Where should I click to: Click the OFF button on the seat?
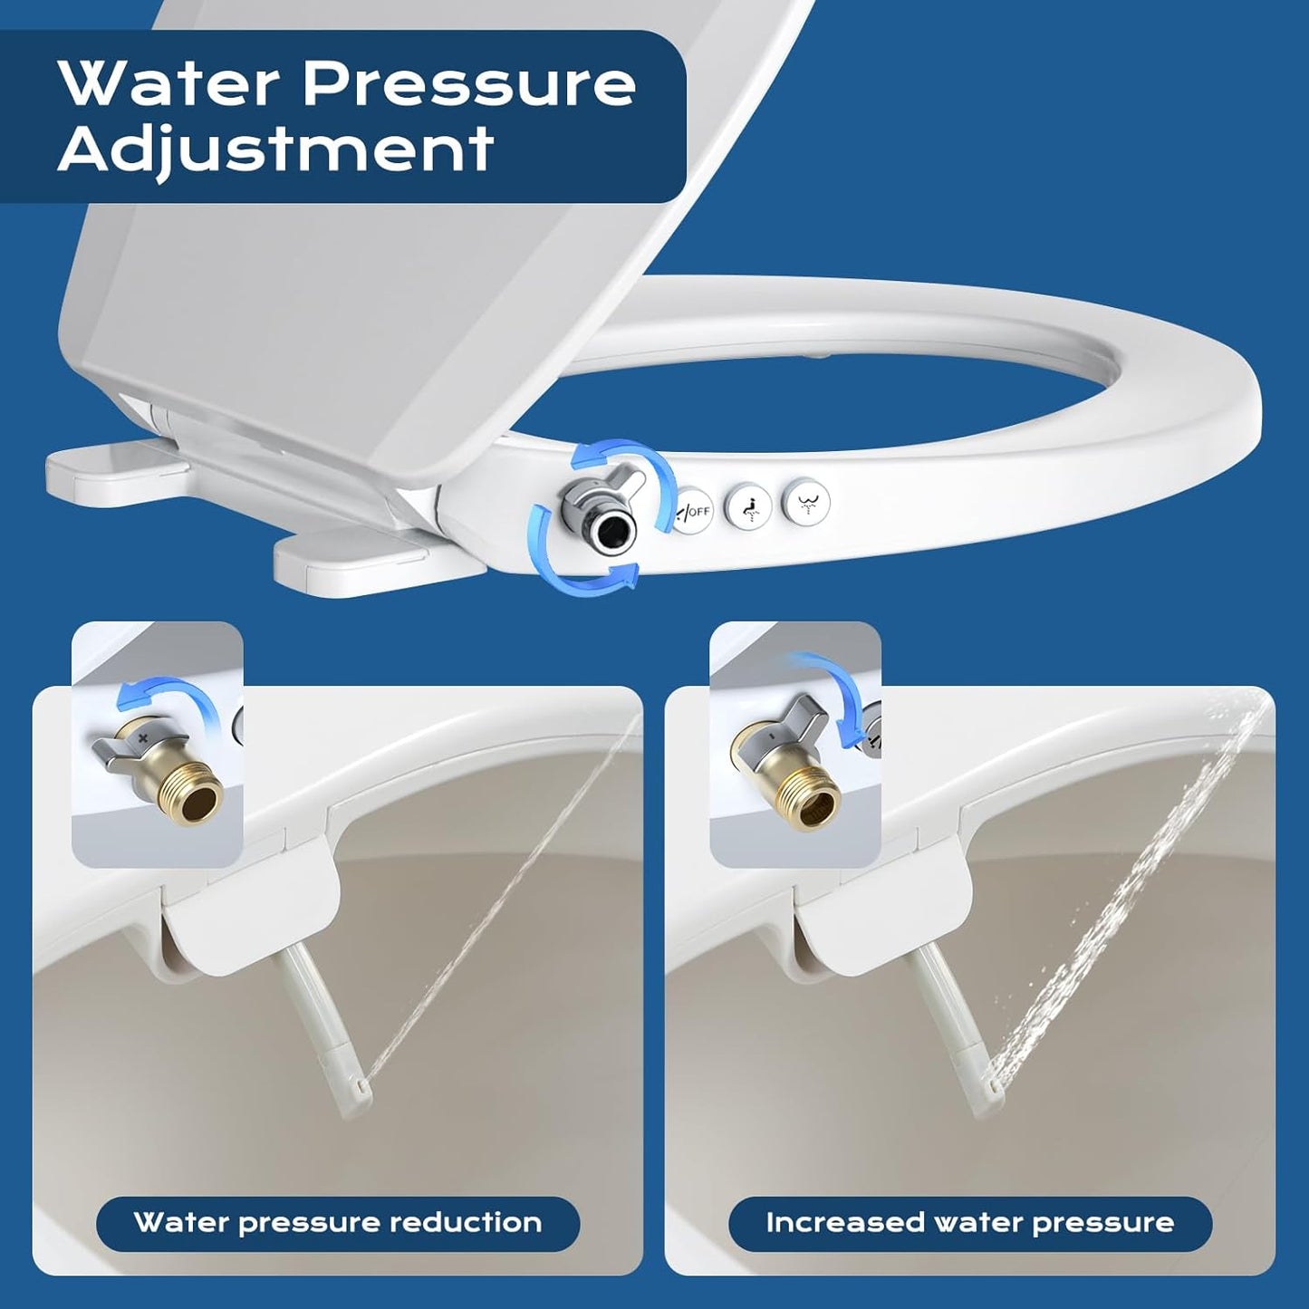tap(693, 511)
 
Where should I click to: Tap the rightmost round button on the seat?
tap(805, 497)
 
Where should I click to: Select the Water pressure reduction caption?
tap(337, 1222)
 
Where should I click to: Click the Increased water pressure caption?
tap(969, 1222)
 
